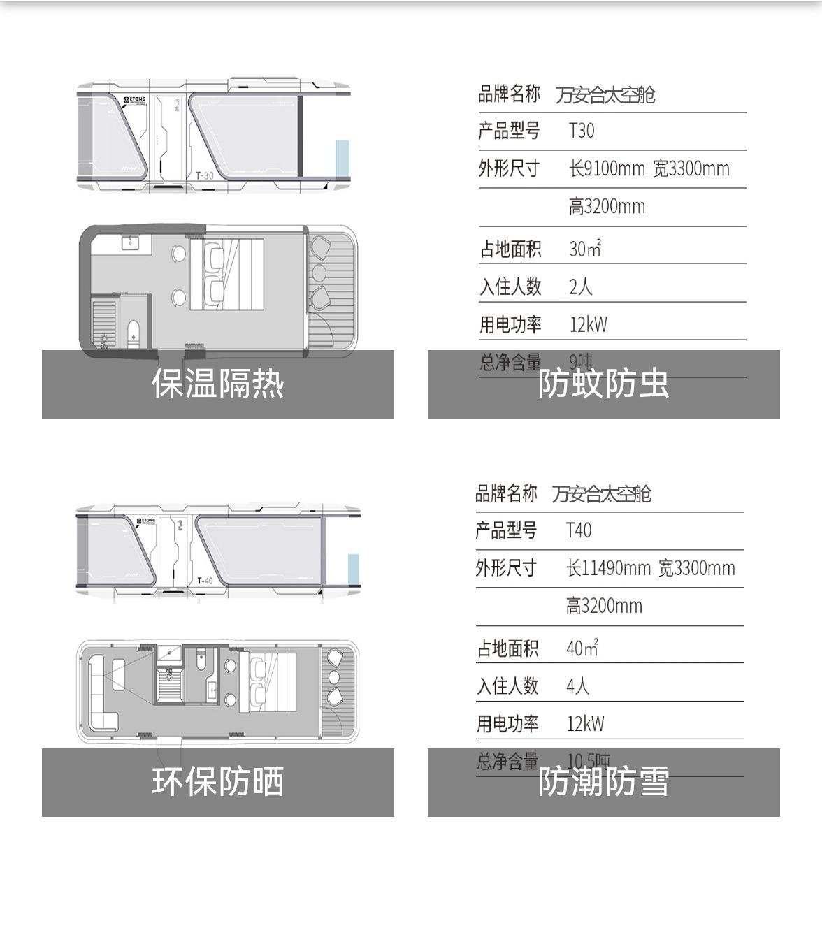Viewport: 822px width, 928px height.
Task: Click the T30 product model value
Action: [x=582, y=131]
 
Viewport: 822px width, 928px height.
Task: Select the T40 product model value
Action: [x=579, y=530]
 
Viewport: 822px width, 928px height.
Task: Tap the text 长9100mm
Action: [x=607, y=168]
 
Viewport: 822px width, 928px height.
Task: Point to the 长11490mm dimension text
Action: [x=607, y=568]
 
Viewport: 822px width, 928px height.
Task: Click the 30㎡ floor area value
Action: [x=585, y=249]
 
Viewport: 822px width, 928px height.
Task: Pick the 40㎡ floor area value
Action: [x=582, y=648]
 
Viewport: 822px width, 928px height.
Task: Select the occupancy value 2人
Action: [x=580, y=287]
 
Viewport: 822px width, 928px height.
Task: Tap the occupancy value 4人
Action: [x=577, y=686]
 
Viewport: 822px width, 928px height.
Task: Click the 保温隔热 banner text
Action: [x=218, y=384]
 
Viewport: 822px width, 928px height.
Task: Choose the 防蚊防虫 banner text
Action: [x=603, y=384]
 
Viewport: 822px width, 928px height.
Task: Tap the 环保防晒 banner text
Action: [x=218, y=782]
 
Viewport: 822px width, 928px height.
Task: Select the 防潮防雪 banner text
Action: [x=603, y=782]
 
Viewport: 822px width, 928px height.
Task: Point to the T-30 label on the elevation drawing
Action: [x=204, y=175]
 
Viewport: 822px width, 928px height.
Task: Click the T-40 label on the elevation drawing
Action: [x=205, y=581]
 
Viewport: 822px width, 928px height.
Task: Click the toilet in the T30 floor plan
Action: [x=134, y=331]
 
